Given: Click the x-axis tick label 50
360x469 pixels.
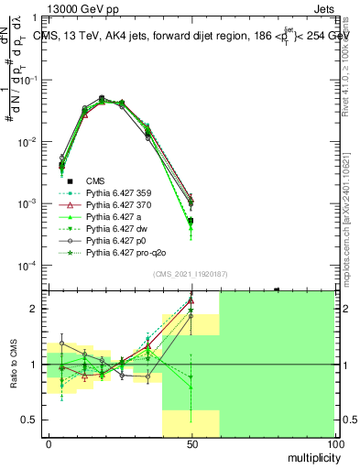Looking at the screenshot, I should [191, 444].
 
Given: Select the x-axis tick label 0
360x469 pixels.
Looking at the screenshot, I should [49, 444].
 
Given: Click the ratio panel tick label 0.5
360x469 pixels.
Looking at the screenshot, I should [33, 420].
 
